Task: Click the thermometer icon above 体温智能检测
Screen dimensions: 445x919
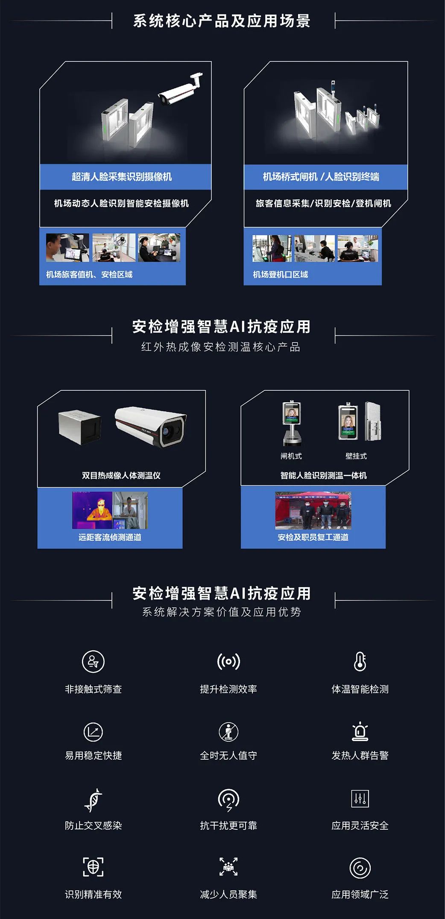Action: [x=360, y=661]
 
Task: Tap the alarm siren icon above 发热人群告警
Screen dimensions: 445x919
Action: [x=360, y=731]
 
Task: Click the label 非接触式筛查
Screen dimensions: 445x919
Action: [x=93, y=689]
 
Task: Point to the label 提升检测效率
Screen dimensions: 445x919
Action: [x=228, y=689]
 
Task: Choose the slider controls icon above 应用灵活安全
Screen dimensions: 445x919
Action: [x=360, y=799]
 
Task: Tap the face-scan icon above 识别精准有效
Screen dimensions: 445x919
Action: [x=93, y=867]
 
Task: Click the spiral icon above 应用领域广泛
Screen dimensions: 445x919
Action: [x=360, y=868]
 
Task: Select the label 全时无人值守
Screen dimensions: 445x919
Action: [x=228, y=755]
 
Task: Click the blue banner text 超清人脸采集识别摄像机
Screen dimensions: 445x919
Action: [x=122, y=177]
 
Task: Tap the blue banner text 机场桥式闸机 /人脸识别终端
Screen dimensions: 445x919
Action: [x=321, y=177]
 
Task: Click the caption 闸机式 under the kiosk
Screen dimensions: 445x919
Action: [x=291, y=456]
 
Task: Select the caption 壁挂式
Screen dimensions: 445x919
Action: [x=356, y=456]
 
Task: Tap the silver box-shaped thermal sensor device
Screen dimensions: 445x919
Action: [x=80, y=427]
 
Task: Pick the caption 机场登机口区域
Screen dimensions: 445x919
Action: [x=280, y=275]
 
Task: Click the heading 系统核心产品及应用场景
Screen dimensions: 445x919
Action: [x=222, y=20]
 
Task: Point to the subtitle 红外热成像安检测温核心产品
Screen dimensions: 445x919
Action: [x=221, y=347]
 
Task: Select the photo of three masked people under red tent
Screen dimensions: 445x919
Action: [x=313, y=511]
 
